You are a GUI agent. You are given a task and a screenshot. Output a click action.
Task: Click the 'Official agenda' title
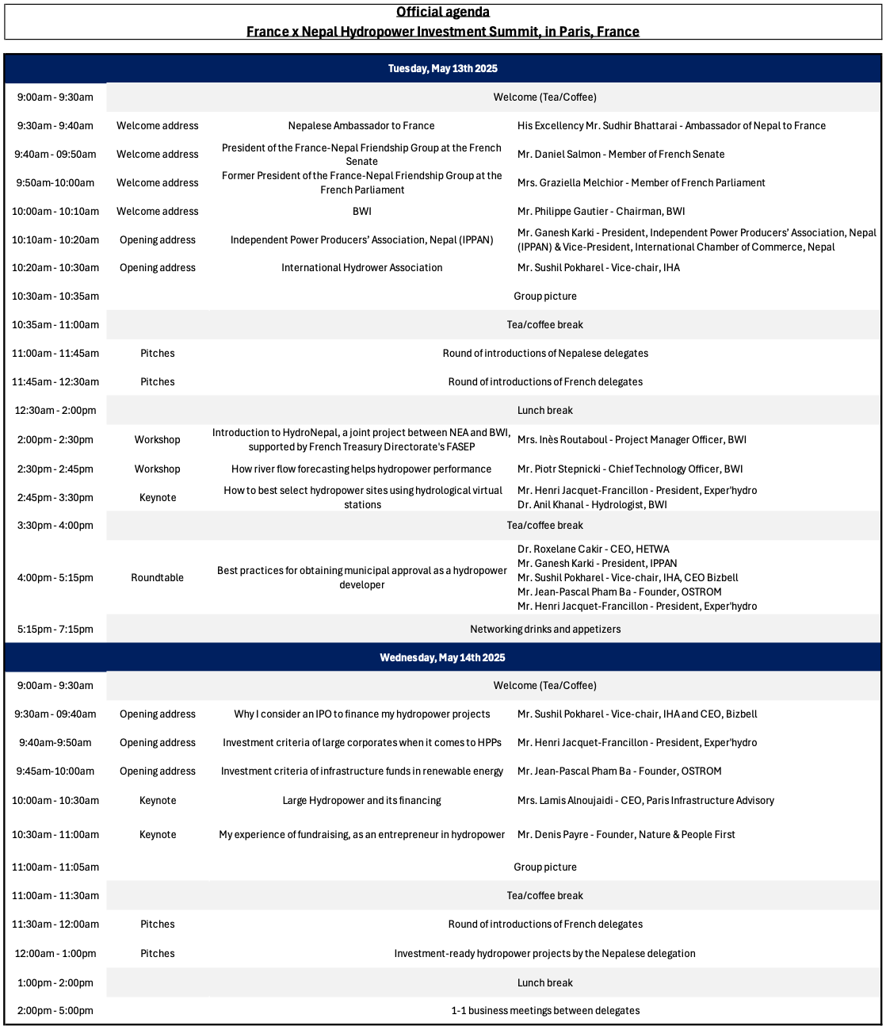[442, 12]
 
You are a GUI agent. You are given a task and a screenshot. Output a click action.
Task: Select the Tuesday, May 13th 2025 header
[442, 69]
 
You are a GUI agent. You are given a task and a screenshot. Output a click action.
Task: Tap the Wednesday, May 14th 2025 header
[442, 657]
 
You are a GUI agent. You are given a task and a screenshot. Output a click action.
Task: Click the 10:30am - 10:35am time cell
[55, 297]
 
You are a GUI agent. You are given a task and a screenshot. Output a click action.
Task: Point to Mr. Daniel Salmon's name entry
[621, 155]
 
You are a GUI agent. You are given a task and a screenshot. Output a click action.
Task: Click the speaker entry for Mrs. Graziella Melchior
[640, 183]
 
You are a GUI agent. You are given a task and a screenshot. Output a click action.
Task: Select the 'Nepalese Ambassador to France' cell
[361, 126]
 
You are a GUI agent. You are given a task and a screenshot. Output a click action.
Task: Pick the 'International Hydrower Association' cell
[361, 268]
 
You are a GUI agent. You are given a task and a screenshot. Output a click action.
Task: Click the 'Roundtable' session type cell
[157, 578]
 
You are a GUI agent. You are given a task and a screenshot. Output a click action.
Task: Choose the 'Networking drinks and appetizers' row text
[545, 630]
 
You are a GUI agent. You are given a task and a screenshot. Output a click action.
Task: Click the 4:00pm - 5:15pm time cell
[55, 578]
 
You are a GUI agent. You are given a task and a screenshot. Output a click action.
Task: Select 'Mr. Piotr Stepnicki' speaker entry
[629, 469]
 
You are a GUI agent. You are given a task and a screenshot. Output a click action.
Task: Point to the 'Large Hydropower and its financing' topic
[361, 801]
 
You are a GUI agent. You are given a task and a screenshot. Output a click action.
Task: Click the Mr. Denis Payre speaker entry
[625, 835]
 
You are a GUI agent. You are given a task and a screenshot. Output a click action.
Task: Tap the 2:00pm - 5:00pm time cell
[55, 1011]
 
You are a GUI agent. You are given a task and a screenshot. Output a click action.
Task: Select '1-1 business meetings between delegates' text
[545, 1011]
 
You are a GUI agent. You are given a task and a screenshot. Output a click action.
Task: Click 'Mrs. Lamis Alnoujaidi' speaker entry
[645, 801]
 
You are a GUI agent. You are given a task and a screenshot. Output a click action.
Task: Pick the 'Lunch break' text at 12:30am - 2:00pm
[545, 411]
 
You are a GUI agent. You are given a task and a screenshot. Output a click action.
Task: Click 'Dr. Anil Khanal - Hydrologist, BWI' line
[592, 505]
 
